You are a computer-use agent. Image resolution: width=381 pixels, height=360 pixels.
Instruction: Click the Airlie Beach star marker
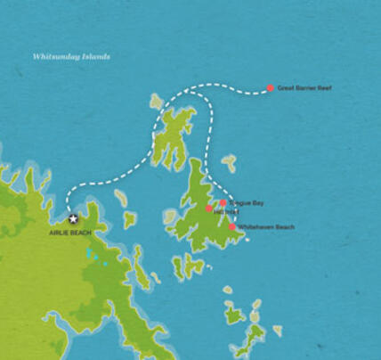pos(73,218)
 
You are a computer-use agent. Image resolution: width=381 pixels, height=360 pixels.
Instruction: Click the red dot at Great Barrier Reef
pos(271,88)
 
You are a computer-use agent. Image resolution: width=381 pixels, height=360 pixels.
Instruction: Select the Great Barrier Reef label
pos(304,88)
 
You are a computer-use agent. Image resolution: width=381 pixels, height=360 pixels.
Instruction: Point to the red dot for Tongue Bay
pos(223,203)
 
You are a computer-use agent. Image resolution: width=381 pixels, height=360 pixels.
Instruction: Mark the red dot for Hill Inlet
pos(209,209)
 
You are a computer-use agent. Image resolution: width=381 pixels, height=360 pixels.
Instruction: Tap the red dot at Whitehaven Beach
pos(232,227)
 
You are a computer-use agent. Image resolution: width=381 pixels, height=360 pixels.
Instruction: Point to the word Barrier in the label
pos(305,88)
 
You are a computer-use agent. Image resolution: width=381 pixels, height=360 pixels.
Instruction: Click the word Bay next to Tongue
pos(258,203)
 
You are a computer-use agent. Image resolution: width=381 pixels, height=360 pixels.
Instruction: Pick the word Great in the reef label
pos(286,88)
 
